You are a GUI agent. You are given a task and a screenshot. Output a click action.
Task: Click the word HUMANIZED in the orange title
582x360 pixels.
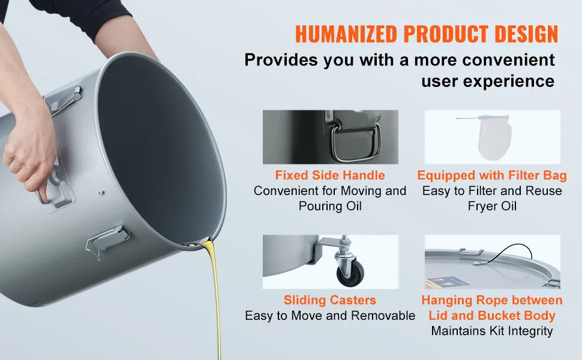pyautogui.click(x=346, y=34)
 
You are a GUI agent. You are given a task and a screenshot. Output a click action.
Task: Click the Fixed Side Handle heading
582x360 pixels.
pyautogui.click(x=330, y=175)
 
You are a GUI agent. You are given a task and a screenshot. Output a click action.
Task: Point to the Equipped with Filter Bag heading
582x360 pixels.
pyautogui.click(x=492, y=175)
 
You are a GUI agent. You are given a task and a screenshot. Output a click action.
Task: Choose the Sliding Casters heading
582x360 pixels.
pyautogui.click(x=330, y=300)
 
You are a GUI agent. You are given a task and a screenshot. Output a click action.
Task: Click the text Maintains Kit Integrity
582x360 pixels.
pyautogui.click(x=492, y=331)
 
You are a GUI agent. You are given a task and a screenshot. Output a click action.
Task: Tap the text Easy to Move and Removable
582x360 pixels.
pyautogui.click(x=330, y=316)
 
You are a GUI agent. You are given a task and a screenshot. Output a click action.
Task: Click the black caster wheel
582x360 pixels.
pyautogui.click(x=350, y=273)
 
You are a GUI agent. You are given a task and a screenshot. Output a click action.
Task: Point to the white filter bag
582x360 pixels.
pyautogui.click(x=494, y=137)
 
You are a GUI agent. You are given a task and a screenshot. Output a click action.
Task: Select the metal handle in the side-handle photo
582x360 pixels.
pyautogui.click(x=355, y=143)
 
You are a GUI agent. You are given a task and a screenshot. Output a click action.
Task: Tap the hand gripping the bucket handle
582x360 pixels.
pyautogui.click(x=29, y=157)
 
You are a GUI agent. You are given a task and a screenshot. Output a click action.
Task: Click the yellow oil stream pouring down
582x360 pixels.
pyautogui.click(x=214, y=297)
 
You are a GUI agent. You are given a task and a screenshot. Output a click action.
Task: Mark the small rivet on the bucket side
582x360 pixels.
pyautogui.click(x=101, y=193)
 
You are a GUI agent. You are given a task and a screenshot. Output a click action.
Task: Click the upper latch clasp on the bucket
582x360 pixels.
pyautogui.click(x=65, y=100)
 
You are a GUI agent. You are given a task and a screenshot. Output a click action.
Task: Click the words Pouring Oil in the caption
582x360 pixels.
pyautogui.click(x=330, y=206)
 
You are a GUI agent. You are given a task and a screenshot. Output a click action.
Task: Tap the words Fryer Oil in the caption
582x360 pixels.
pyautogui.click(x=492, y=206)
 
